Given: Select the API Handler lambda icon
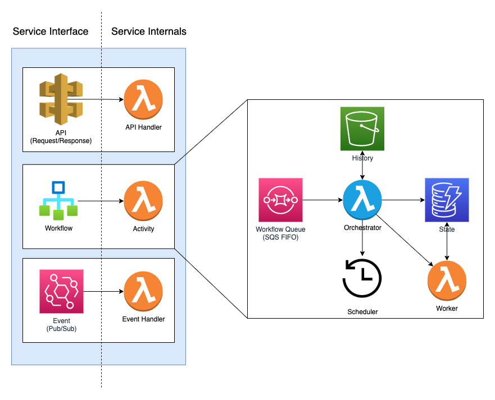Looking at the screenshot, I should [143, 99].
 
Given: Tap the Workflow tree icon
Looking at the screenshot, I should [58, 200].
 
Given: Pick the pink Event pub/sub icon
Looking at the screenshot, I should [61, 291].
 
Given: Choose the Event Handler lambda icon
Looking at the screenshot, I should [143, 291].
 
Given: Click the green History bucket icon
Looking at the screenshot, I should [362, 129].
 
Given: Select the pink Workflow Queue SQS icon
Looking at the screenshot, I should [280, 200].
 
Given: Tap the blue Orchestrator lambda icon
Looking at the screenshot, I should [362, 200].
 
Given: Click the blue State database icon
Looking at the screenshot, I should [447, 200].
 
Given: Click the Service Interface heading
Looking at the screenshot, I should [51, 31].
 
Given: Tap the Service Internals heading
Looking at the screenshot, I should [149, 31].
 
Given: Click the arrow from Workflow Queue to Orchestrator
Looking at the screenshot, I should [323, 200].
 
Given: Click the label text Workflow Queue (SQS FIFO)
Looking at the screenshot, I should [280, 233].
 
